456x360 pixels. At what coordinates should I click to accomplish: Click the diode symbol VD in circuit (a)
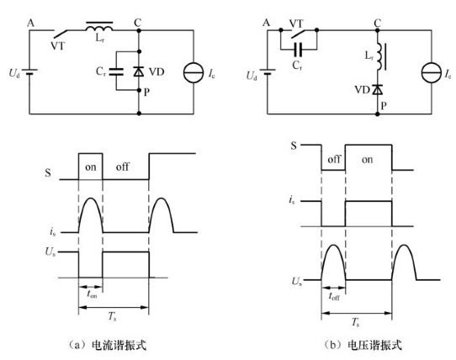click(139, 71)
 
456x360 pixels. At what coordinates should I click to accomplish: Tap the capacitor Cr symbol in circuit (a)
click(116, 71)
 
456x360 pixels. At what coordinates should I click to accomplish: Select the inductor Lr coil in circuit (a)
click(99, 27)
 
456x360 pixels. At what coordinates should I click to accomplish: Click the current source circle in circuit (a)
click(194, 72)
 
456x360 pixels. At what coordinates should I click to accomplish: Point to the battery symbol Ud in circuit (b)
click(268, 71)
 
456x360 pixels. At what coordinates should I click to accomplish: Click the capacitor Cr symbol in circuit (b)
click(299, 50)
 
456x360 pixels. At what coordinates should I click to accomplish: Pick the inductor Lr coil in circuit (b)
click(380, 56)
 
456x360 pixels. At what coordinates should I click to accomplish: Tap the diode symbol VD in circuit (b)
click(378, 89)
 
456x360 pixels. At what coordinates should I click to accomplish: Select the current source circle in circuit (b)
click(432, 72)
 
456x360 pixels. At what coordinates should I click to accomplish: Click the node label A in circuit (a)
click(30, 23)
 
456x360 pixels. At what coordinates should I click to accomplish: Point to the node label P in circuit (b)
click(384, 105)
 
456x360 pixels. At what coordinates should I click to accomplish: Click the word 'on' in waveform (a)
click(91, 167)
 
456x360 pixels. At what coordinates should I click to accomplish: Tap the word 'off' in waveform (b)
click(333, 159)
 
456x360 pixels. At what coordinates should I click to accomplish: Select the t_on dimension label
click(92, 294)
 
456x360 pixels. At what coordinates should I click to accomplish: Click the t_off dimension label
click(334, 296)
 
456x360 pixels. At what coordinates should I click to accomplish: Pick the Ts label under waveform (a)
click(112, 316)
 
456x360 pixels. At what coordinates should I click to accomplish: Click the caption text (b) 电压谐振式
click(363, 345)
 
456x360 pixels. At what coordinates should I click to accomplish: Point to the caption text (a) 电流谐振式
click(108, 345)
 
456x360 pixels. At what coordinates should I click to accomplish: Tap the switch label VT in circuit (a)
click(58, 46)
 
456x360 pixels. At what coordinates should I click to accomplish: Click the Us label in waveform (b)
click(297, 281)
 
